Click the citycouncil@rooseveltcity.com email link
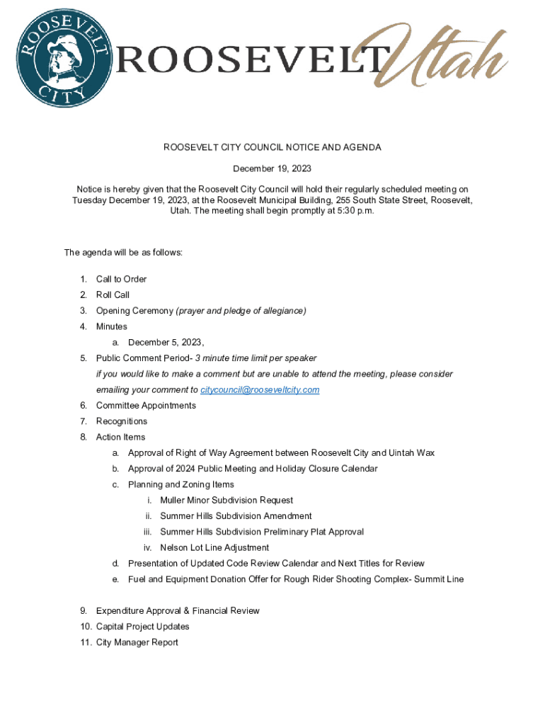[x=260, y=390]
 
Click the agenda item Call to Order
[x=122, y=279]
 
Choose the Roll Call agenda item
[x=113, y=295]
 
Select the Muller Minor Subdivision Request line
[x=226, y=501]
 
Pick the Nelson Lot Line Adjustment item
[x=214, y=548]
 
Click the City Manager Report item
[x=137, y=643]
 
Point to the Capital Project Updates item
[x=143, y=627]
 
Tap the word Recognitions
[x=122, y=421]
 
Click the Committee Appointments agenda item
[x=146, y=406]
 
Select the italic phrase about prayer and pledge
[x=241, y=311]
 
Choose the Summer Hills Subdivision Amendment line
[x=236, y=516]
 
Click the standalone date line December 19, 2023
[x=272, y=169]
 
